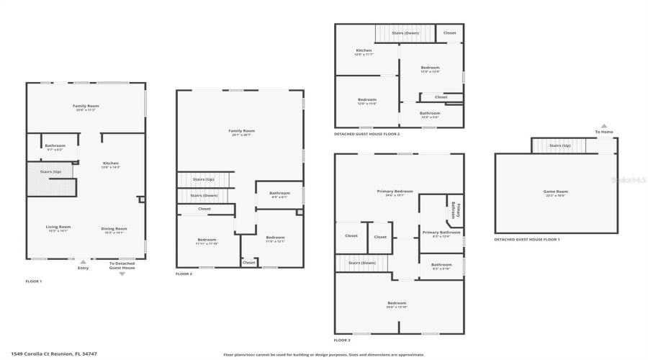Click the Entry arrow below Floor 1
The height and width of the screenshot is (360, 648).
click(x=83, y=262)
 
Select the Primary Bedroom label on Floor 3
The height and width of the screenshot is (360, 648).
click(x=395, y=192)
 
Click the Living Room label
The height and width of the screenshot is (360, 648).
click(x=59, y=228)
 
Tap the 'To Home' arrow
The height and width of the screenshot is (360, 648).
click(x=604, y=126)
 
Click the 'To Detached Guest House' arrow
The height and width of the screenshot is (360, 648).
click(x=122, y=274)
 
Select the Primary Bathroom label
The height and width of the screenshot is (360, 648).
click(x=441, y=233)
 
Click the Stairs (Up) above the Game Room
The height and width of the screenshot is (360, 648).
click(x=559, y=145)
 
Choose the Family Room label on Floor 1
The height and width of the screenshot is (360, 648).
click(x=86, y=107)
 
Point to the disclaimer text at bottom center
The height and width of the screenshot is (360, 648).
click(x=323, y=354)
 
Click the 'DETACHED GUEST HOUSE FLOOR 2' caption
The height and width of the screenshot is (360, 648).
click(x=366, y=134)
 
